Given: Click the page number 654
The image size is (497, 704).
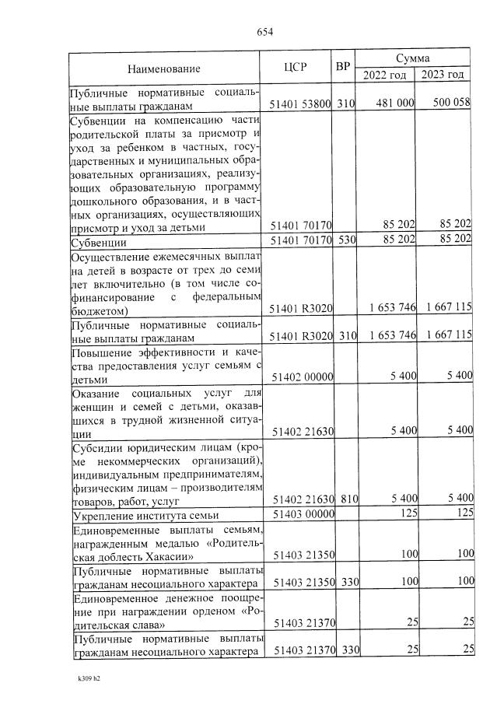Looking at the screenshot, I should pyautogui.click(x=264, y=32).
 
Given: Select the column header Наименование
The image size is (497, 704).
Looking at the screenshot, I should pyautogui.click(x=164, y=68).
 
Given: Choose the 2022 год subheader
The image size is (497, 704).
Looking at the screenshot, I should pyautogui.click(x=384, y=75).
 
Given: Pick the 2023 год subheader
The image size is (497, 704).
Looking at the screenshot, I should pyautogui.click(x=443, y=75).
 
